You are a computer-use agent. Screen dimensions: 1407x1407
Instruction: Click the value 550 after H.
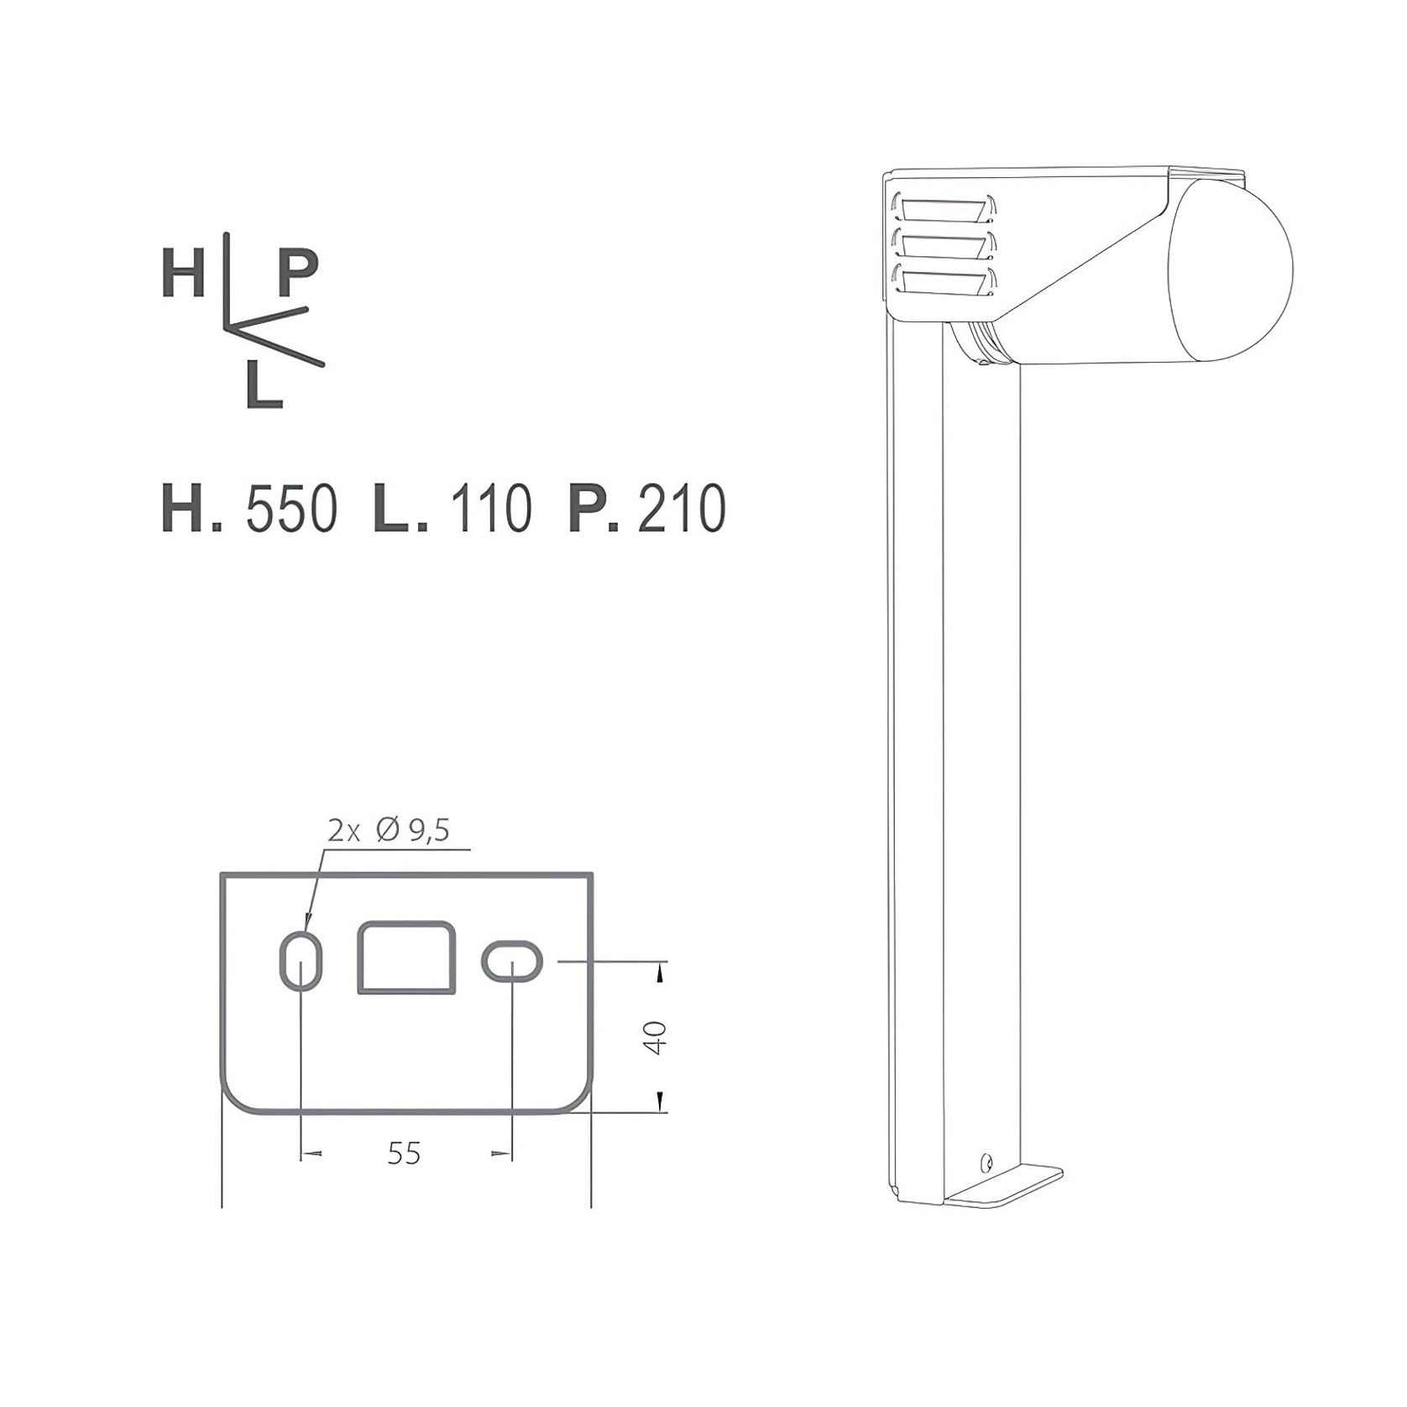pyautogui.click(x=291, y=509)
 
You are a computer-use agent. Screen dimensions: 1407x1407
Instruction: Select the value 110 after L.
pyautogui.click(x=491, y=509)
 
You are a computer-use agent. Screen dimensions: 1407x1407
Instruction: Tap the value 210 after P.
pyautogui.click(x=682, y=509)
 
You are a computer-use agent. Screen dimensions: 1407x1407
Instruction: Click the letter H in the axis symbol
pyautogui.click(x=183, y=274)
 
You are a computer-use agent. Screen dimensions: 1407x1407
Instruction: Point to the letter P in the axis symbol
pyautogui.click(x=297, y=274)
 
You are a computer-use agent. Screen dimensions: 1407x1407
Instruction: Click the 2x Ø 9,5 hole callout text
pyautogui.click(x=389, y=830)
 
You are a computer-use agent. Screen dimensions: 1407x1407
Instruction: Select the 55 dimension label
pyautogui.click(x=404, y=1153)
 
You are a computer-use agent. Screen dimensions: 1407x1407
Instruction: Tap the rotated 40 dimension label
pyautogui.click(x=656, y=1037)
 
